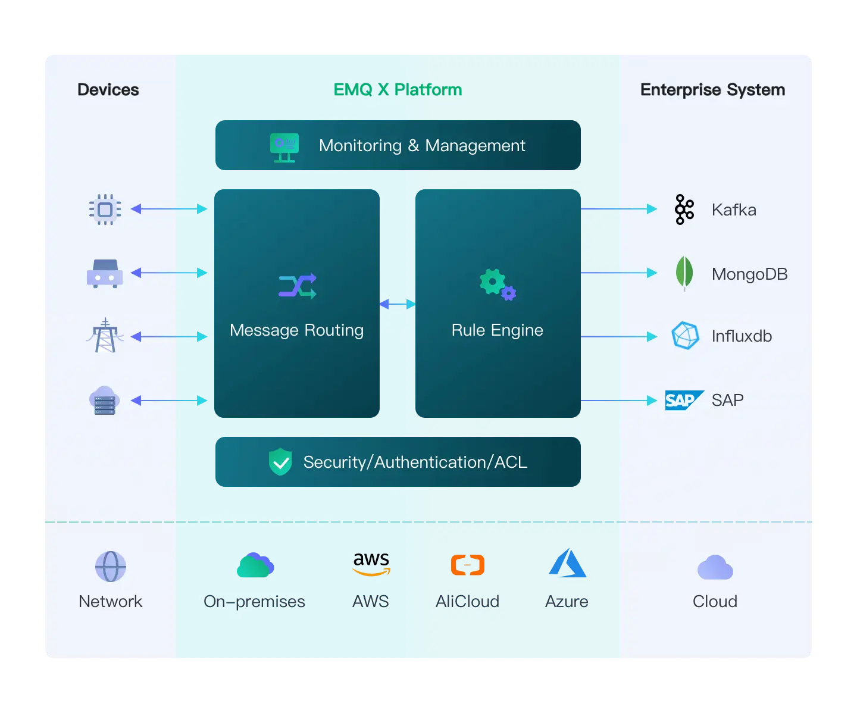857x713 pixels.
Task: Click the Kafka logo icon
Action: tap(684, 209)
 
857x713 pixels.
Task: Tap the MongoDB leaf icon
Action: tap(684, 273)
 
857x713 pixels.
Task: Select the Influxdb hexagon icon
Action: tap(685, 336)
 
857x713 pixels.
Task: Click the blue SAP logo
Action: tap(684, 400)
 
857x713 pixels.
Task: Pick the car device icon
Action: tap(105, 274)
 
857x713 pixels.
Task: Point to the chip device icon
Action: tap(105, 209)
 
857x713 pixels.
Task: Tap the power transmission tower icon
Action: tap(105, 336)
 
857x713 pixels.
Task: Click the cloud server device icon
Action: tap(105, 400)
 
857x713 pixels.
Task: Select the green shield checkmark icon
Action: tap(280, 462)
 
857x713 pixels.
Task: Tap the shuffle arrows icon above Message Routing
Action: tap(298, 286)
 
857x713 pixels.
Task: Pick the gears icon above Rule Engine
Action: tap(498, 284)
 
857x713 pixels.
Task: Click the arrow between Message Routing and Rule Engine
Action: tap(398, 304)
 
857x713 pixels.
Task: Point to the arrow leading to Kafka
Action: tap(619, 209)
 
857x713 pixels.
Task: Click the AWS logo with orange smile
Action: tap(371, 564)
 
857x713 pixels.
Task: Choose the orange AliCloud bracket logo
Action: tap(468, 564)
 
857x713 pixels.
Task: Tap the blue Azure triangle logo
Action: tap(567, 563)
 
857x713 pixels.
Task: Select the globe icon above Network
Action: tap(111, 566)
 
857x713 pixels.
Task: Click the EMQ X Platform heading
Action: tap(398, 90)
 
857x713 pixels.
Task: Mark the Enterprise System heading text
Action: tap(712, 90)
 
